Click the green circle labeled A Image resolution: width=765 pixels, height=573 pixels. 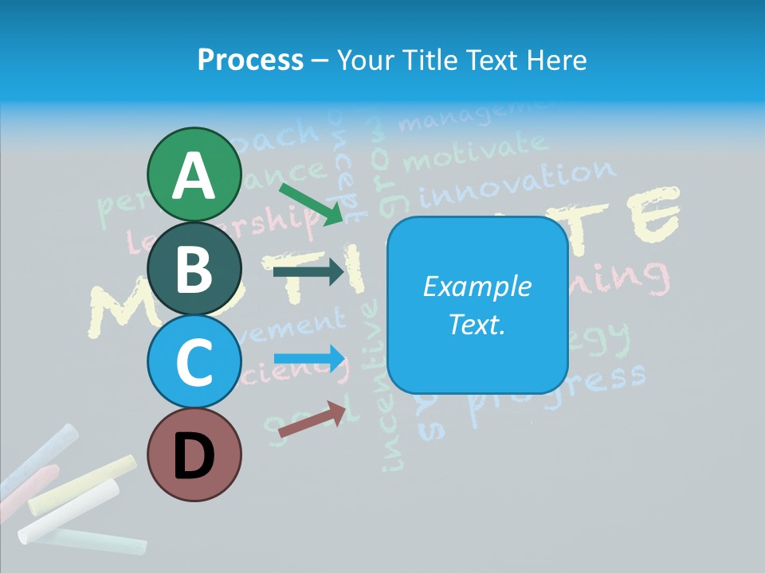(x=194, y=174)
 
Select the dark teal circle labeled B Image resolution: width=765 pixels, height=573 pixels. (x=194, y=268)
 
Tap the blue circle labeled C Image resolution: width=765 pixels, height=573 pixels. (x=194, y=361)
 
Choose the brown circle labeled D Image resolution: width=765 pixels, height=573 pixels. (x=194, y=454)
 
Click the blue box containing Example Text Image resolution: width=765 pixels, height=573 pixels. (x=477, y=306)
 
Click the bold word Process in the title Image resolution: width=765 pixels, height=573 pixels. (x=250, y=60)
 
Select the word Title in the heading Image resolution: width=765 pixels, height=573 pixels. (x=429, y=60)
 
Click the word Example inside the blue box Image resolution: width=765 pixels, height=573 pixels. (x=477, y=286)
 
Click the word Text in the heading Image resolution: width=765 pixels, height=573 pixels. (x=490, y=60)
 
